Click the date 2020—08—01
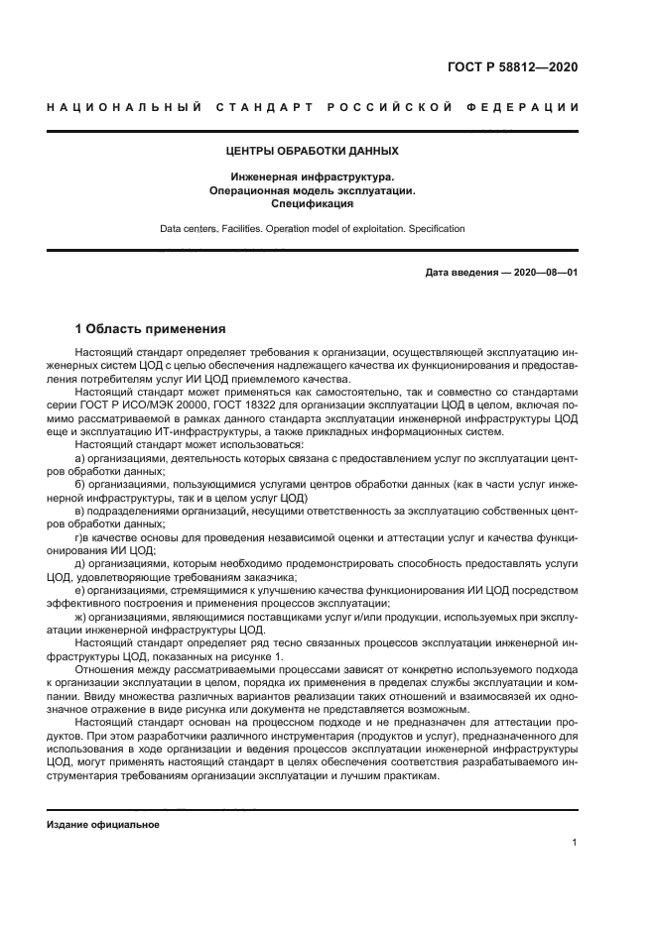click(543, 273)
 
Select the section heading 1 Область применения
click(151, 328)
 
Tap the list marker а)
click(80, 459)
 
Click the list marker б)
click(80, 485)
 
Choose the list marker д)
click(80, 562)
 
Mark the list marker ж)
click(81, 615)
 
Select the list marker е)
click(80, 589)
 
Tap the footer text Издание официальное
click(103, 824)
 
